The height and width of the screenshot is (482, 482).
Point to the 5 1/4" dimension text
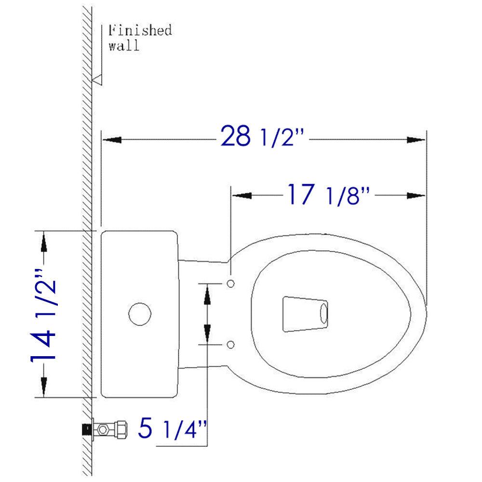click(172, 428)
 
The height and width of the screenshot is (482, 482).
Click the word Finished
click(139, 31)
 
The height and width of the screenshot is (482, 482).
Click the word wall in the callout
click(123, 47)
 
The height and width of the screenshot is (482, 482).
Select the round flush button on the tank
click(140, 314)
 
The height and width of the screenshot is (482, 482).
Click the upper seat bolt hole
click(230, 282)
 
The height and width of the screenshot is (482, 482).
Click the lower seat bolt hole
click(230, 344)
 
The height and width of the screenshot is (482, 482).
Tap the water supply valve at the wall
click(107, 428)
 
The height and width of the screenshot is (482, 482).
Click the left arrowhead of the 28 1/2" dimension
click(110, 140)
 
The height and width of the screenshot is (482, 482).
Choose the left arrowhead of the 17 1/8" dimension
click(242, 195)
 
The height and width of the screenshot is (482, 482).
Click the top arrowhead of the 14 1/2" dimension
click(44, 241)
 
